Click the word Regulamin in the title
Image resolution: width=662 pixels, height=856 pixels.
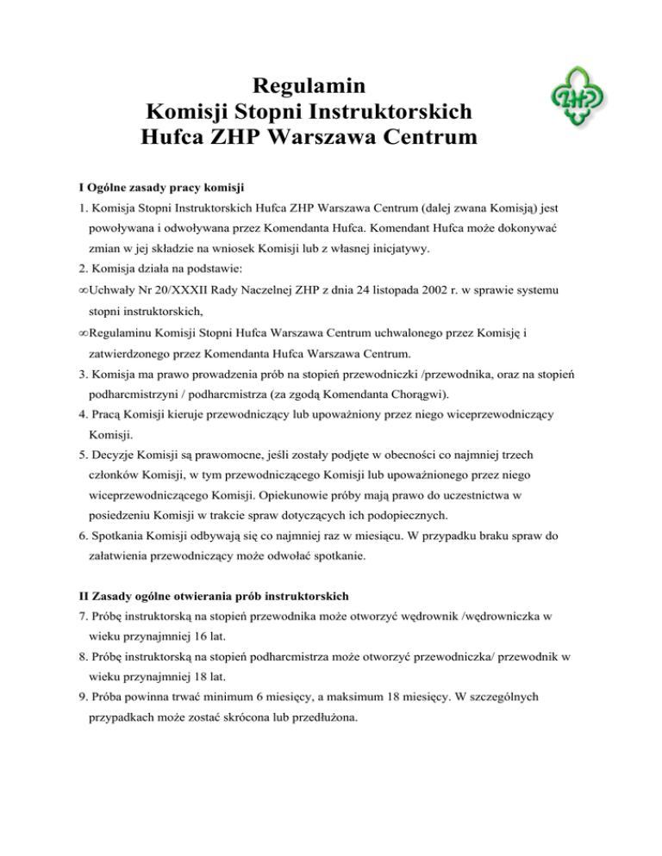tap(308, 86)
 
